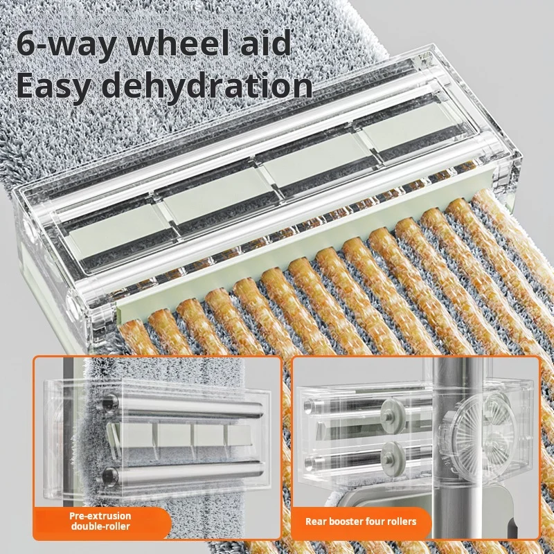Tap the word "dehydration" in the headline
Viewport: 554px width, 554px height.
point(209,85)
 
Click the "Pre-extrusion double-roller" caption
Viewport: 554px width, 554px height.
point(100,521)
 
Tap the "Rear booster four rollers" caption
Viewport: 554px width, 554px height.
point(361,521)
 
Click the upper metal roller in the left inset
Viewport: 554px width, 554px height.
point(183,406)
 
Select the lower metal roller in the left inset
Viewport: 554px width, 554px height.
point(183,472)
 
